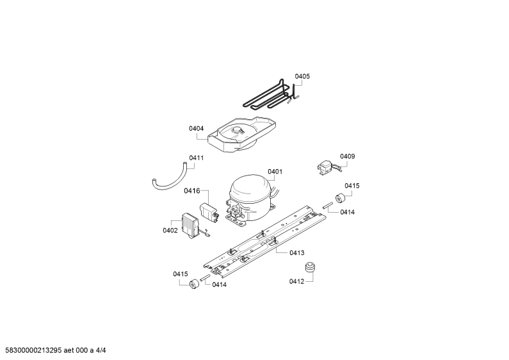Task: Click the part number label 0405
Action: click(x=302, y=76)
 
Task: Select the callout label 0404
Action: click(x=196, y=128)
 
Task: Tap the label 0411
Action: click(x=196, y=158)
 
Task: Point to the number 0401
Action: click(x=275, y=172)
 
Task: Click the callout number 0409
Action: click(x=348, y=156)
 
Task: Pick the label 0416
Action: click(x=192, y=191)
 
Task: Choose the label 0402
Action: click(x=170, y=231)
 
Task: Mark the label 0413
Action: click(x=296, y=253)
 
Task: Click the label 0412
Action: click(x=296, y=281)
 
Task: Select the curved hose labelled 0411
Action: click(x=169, y=179)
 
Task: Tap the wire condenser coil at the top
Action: click(x=271, y=94)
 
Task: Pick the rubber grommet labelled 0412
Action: click(x=311, y=267)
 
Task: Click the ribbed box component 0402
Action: click(x=191, y=224)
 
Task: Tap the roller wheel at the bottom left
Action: click(x=194, y=284)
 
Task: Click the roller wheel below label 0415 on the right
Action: click(x=340, y=198)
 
